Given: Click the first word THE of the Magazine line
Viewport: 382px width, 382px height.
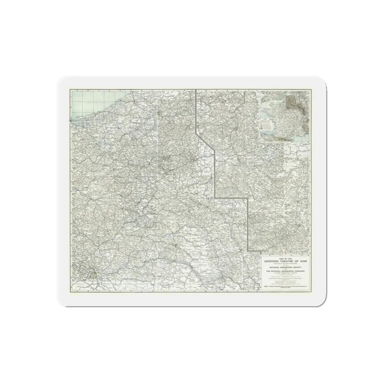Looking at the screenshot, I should (x=268, y=271).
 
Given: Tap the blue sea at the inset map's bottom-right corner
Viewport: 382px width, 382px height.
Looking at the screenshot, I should (x=306, y=138).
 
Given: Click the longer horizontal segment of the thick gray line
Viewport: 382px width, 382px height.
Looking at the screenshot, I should (x=231, y=198).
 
